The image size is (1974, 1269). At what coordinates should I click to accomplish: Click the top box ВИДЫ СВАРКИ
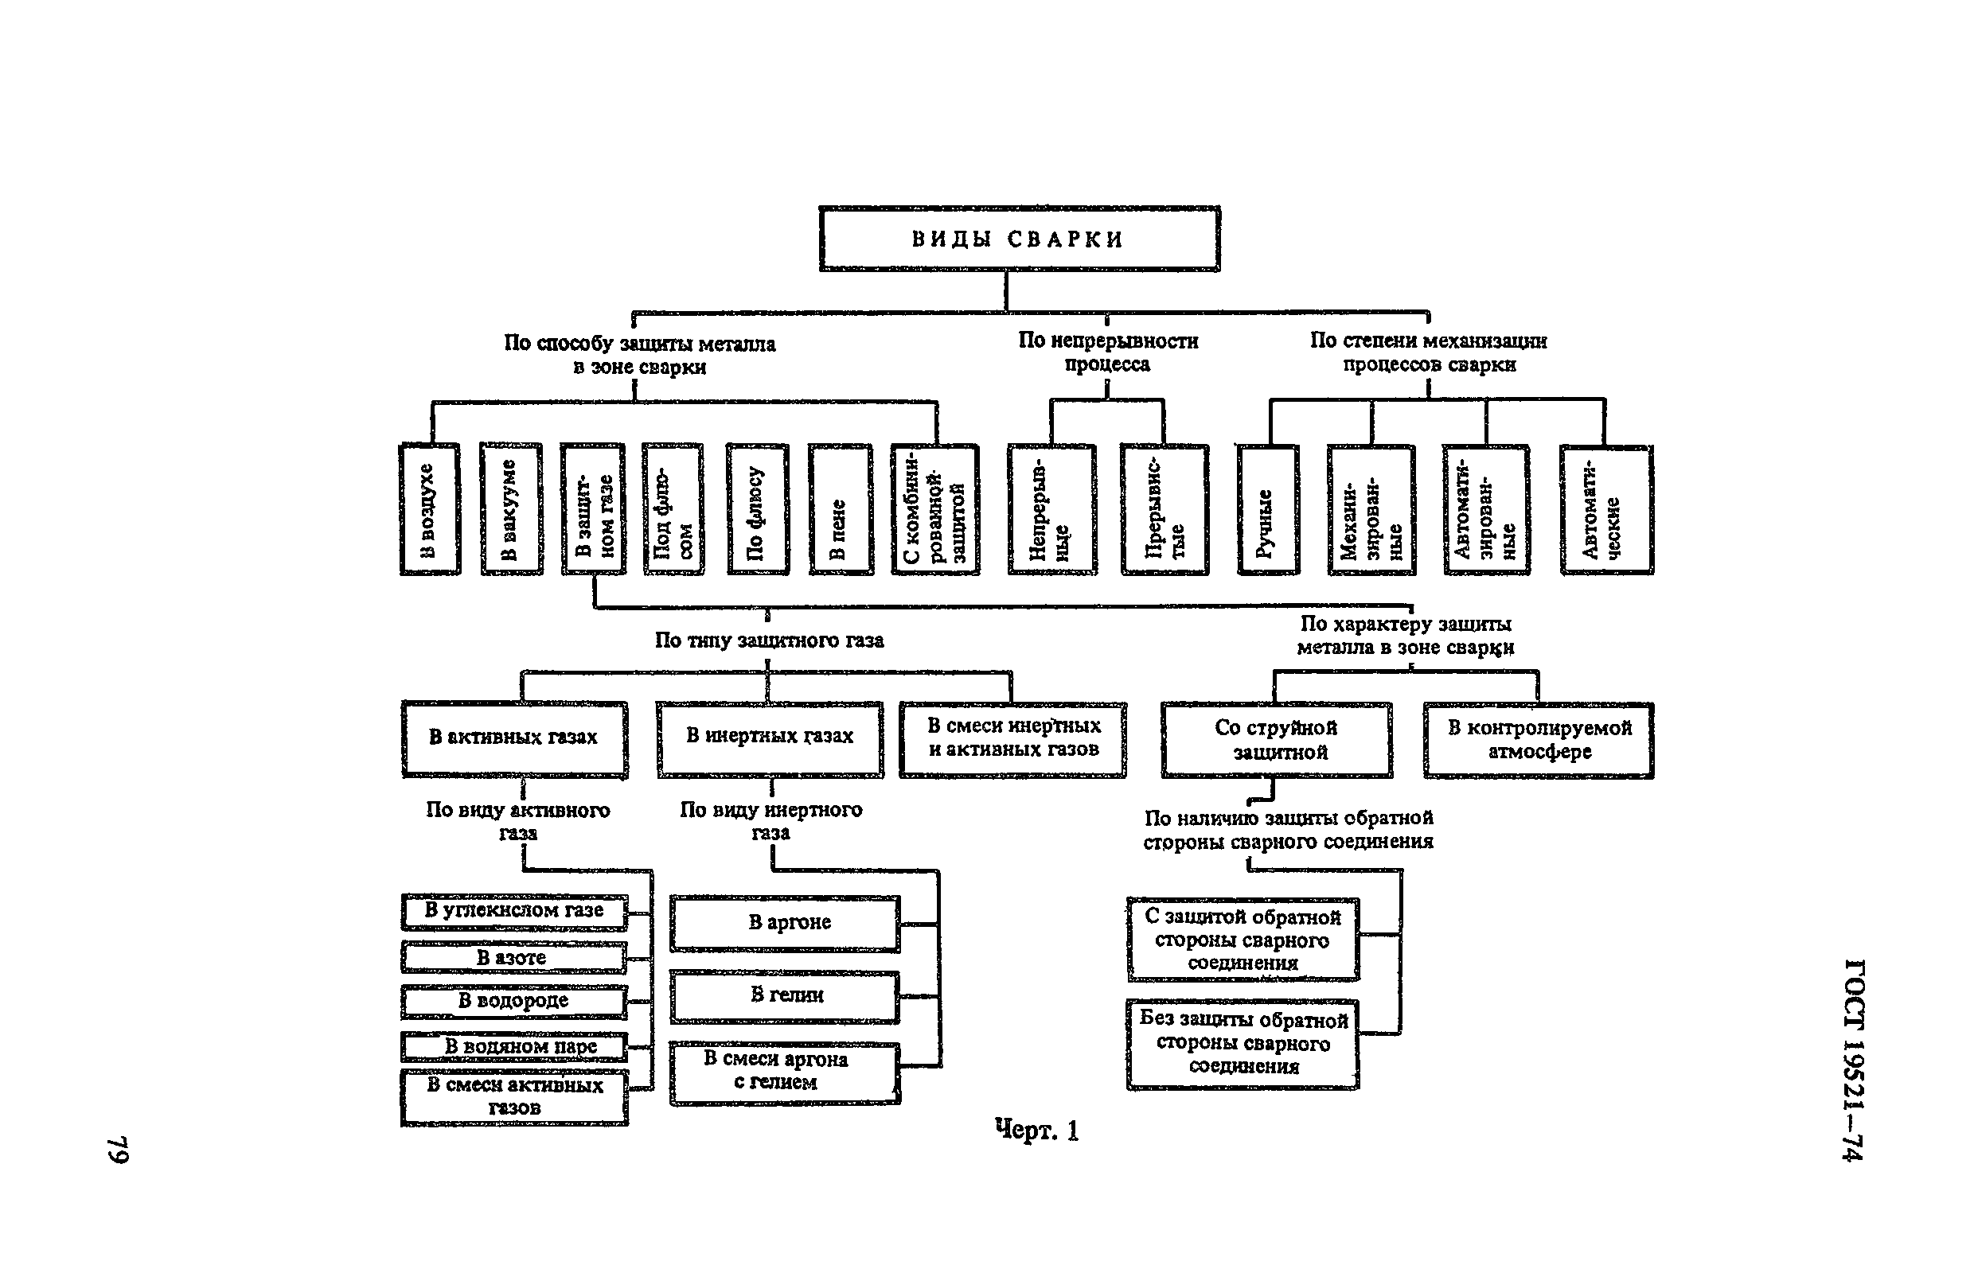pyautogui.click(x=1019, y=239)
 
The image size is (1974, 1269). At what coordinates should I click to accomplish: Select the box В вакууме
pyautogui.click(x=511, y=508)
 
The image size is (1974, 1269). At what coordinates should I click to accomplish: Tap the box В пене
pyautogui.click(x=840, y=508)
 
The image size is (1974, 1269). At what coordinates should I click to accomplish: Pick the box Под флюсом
pyautogui.click(x=673, y=508)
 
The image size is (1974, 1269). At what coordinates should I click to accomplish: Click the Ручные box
pyautogui.click(x=1268, y=509)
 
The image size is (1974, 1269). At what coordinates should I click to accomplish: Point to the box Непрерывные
pyautogui.click(x=1051, y=509)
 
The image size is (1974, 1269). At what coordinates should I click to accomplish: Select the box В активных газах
pyautogui.click(x=514, y=738)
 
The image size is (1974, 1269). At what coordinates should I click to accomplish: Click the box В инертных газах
pyautogui.click(x=770, y=738)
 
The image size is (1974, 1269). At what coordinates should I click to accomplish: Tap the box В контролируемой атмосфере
pyautogui.click(x=1538, y=739)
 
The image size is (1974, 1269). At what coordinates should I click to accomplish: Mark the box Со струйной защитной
pyautogui.click(x=1277, y=739)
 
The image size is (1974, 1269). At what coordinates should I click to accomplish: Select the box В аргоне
pyautogui.click(x=785, y=924)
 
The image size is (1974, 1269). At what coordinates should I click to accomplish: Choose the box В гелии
pyautogui.click(x=785, y=996)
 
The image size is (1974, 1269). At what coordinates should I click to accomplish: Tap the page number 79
pyautogui.click(x=119, y=1150)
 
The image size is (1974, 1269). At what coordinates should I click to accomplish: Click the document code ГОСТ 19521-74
pyautogui.click(x=1853, y=1060)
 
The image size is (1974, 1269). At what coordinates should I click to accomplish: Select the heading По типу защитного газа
pyautogui.click(x=769, y=640)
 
